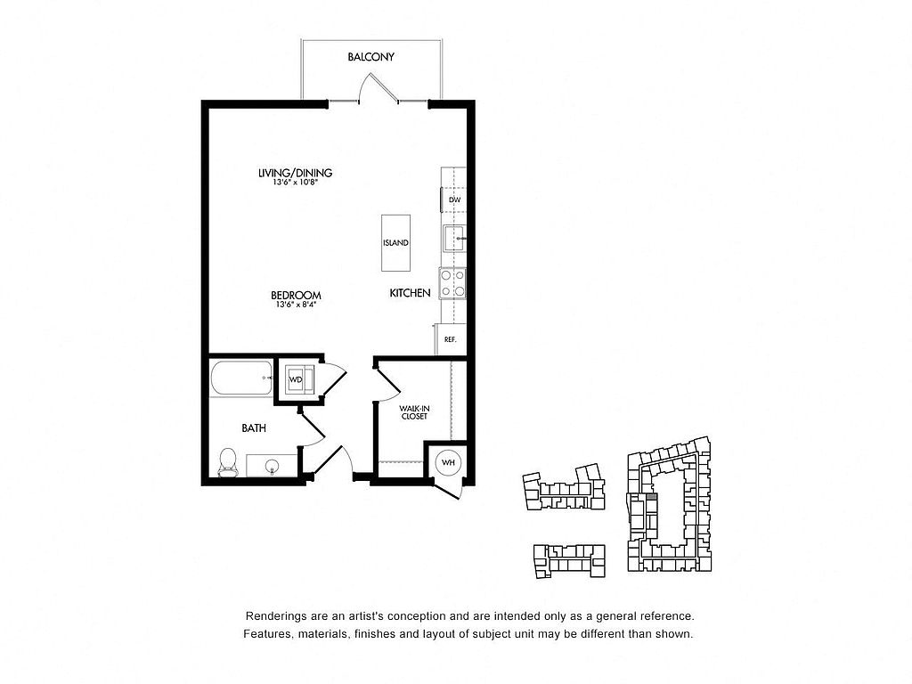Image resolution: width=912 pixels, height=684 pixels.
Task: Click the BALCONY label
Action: point(371,57)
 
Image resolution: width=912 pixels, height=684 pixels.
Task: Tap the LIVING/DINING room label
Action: point(296,173)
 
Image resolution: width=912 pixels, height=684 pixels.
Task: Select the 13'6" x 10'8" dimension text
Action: point(296,182)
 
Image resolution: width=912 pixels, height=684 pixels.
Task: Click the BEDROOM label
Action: point(296,296)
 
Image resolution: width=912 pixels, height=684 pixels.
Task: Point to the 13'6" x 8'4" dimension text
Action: point(296,305)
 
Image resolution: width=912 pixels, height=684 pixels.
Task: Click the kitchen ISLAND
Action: point(395,242)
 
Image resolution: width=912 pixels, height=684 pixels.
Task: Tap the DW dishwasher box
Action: point(453,199)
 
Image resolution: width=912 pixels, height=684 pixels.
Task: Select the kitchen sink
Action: point(454,239)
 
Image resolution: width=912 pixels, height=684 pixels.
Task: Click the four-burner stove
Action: point(452,283)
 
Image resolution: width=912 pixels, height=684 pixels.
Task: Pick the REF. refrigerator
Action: point(451,339)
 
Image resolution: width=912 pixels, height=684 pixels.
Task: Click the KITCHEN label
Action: point(410,293)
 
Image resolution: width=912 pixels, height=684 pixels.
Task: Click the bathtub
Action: point(241,378)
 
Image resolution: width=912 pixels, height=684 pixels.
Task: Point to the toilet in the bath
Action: point(227,463)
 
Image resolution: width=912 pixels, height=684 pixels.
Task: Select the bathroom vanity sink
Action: point(272,466)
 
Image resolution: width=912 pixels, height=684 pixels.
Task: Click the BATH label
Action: point(254,428)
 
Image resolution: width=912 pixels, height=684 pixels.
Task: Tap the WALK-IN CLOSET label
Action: point(414,412)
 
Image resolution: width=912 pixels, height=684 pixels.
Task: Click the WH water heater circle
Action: point(449,463)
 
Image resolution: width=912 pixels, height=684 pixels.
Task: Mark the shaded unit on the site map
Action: point(652,497)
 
